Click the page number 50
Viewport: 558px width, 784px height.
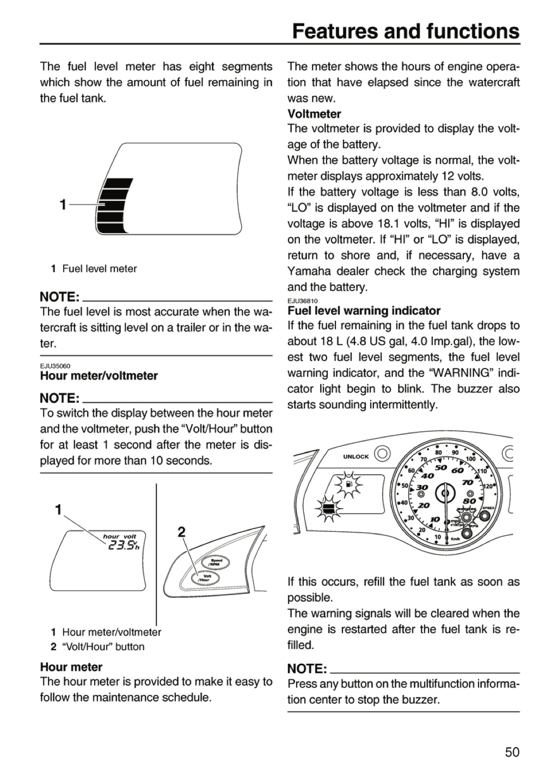512,752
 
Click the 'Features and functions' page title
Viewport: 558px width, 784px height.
406,31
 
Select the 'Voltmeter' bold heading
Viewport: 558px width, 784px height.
314,114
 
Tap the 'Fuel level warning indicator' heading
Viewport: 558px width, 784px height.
364,310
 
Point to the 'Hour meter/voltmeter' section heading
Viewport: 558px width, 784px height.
99,376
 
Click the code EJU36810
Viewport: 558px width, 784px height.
303,301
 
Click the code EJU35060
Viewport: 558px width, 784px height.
55,366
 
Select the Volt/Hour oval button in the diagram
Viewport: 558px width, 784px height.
205,578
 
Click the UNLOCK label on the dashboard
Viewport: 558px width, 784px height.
355,457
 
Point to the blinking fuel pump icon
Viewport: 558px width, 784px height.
348,485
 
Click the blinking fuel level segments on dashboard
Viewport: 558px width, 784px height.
328,509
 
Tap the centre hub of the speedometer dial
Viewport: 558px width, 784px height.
445,493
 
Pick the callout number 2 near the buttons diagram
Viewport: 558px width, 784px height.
181,532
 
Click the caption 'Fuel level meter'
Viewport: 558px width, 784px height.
100,269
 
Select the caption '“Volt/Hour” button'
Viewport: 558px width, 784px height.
103,647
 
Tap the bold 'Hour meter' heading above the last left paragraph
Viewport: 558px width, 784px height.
71,667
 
